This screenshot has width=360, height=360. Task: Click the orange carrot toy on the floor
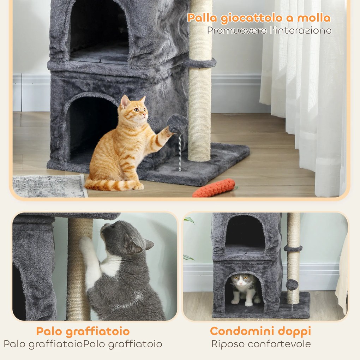click(214, 188)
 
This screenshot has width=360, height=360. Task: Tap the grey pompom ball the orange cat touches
click(177, 124)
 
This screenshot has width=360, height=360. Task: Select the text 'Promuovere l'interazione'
click(269, 30)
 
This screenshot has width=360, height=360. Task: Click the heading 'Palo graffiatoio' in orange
click(83, 331)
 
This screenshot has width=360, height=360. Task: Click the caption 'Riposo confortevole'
click(261, 344)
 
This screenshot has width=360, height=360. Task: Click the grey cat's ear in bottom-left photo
click(149, 244)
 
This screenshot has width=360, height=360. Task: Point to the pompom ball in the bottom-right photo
click(292, 284)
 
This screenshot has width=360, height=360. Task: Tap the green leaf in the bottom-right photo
click(190, 220)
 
